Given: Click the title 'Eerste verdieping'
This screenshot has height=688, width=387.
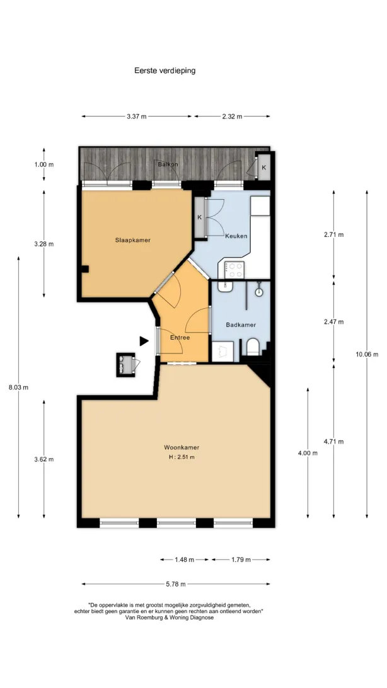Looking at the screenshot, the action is [x=165, y=70].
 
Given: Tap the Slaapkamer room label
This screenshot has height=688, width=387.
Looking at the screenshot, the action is [x=133, y=240].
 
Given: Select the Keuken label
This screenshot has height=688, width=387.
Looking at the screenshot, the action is [x=236, y=236].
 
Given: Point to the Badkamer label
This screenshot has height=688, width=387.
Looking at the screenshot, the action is [x=241, y=324].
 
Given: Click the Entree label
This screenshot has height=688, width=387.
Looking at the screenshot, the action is [x=180, y=338].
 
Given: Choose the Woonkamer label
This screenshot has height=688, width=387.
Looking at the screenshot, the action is [x=182, y=447].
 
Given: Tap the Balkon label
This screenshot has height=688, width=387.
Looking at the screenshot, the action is [x=168, y=164].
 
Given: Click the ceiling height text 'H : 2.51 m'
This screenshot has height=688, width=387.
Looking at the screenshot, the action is [x=182, y=457].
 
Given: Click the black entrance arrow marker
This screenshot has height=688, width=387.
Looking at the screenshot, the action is [x=144, y=340].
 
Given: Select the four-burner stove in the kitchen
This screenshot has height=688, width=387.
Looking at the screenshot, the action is [x=234, y=270].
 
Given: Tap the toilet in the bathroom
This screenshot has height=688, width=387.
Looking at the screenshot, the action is [x=253, y=347].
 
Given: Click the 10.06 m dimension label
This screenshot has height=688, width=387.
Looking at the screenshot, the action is [x=367, y=355].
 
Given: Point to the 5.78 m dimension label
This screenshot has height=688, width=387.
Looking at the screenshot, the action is [x=176, y=583].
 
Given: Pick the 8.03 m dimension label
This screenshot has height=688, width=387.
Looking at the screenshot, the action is [x=18, y=387].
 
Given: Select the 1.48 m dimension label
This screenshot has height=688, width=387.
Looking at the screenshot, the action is [x=185, y=559].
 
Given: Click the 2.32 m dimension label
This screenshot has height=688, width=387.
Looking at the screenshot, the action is [x=232, y=117].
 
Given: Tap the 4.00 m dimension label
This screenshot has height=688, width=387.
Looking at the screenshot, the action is [x=308, y=453].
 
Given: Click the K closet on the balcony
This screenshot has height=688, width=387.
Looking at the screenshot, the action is [x=263, y=167].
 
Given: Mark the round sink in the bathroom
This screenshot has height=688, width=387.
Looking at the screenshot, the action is [x=260, y=291].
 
